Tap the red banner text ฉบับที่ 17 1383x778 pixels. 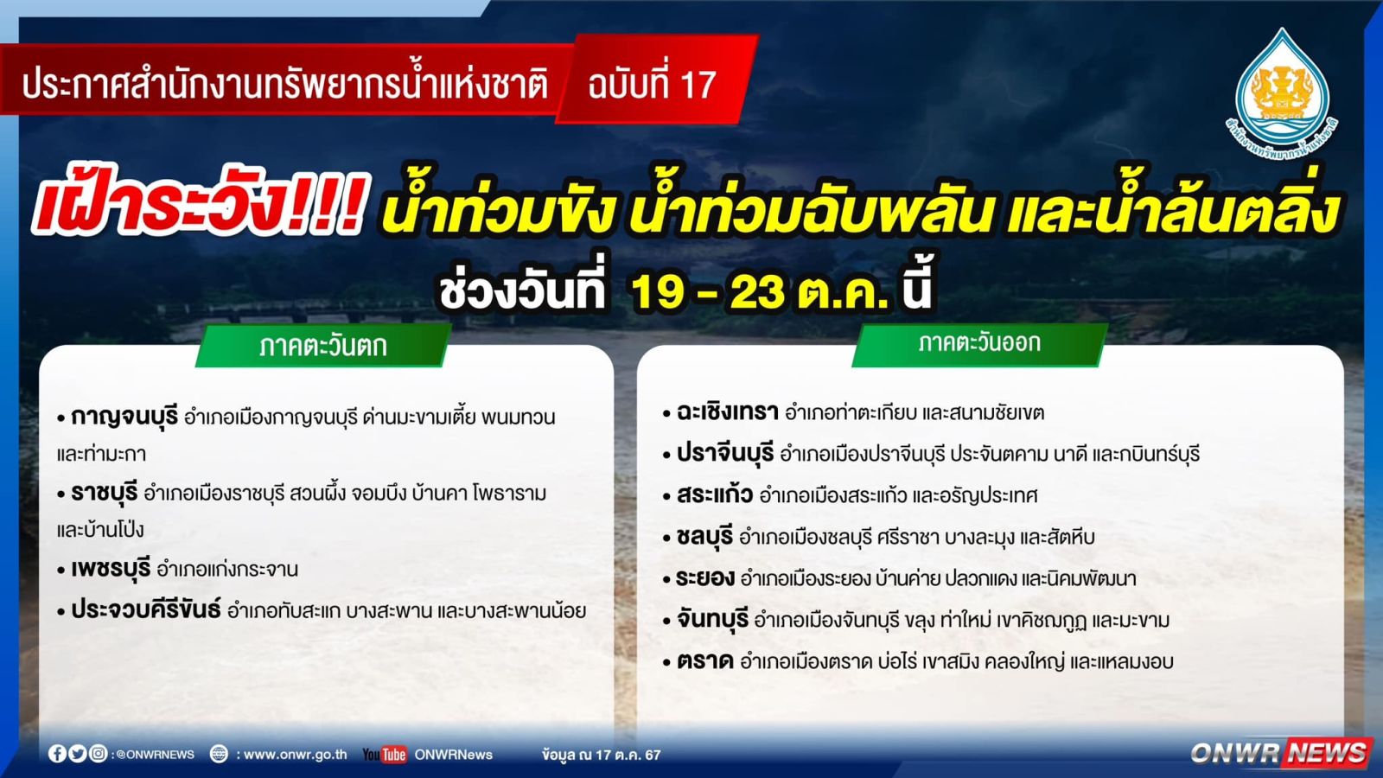652,85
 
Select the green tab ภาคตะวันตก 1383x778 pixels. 323,346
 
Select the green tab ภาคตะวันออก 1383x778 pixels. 979,343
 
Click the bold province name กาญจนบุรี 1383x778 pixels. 124,418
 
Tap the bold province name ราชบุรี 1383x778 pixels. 104,494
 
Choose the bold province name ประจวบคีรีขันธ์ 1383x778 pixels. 146,610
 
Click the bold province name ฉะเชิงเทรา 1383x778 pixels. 727,411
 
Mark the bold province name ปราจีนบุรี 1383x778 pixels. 725,454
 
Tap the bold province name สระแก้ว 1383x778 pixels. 714,494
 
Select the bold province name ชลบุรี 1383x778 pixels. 704,537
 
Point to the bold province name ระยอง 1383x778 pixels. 705,578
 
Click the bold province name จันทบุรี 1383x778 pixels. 712,619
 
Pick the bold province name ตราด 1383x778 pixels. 705,661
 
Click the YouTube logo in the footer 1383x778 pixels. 384,755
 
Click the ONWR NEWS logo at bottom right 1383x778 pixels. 1278,753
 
